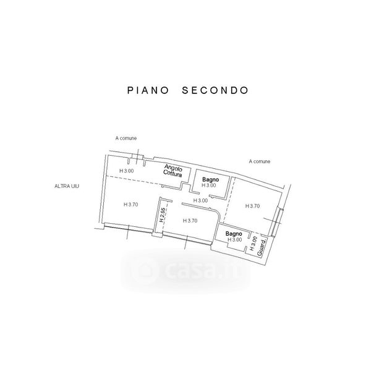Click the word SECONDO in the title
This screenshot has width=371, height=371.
[215, 90]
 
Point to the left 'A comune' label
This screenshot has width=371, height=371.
[126, 138]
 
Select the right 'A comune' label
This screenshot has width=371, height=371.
[260, 162]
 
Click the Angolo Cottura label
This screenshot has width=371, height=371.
[172, 171]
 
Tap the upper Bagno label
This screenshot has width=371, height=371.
[210, 178]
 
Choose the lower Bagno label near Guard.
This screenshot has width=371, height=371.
[233, 233]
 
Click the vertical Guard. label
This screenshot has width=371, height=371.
[261, 247]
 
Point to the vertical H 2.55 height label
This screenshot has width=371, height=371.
[161, 214]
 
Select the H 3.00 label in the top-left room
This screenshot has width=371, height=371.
[126, 171]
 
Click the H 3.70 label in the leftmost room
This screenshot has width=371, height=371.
[130, 205]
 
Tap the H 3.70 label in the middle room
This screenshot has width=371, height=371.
[190, 221]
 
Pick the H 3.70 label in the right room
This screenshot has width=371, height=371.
[253, 206]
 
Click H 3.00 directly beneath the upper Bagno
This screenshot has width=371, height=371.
[210, 185]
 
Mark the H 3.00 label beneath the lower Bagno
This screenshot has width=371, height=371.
[234, 240]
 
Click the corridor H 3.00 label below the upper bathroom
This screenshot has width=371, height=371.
[200, 200]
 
